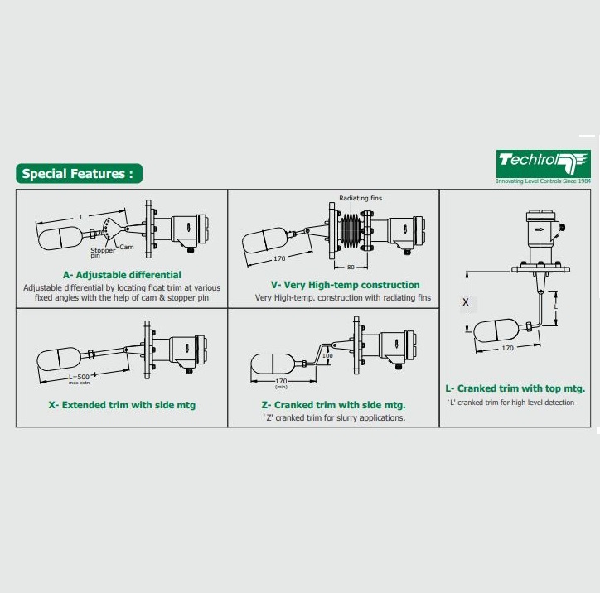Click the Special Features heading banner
pyautogui.click(x=79, y=174)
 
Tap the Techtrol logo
pyautogui.click(x=543, y=164)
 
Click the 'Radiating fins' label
pyautogui.click(x=360, y=198)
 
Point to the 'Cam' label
pyautogui.click(x=127, y=247)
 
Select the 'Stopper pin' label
pyautogui.click(x=103, y=253)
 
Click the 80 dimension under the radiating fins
pyautogui.click(x=351, y=268)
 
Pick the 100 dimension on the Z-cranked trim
pyautogui.click(x=327, y=355)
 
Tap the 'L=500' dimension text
pyautogui.click(x=79, y=377)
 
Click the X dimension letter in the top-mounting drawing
pyautogui.click(x=465, y=302)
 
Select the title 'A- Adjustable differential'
pyautogui.click(x=122, y=275)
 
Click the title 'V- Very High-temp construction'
pyautogui.click(x=345, y=285)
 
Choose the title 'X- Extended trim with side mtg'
pyautogui.click(x=122, y=405)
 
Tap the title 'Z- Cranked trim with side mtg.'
pyautogui.click(x=333, y=405)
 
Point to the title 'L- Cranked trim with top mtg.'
pyautogui.click(x=515, y=388)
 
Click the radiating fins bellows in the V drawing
pyautogui.click(x=350, y=231)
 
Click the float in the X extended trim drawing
pyautogui.click(x=59, y=359)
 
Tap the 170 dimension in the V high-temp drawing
pyautogui.click(x=279, y=258)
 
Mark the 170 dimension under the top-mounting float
pyautogui.click(x=507, y=348)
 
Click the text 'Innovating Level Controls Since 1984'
pyautogui.click(x=544, y=181)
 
